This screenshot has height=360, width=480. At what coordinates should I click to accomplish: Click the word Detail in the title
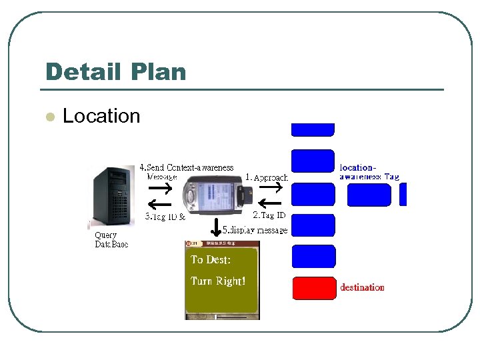click(x=83, y=72)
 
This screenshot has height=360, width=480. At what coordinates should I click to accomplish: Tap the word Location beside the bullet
click(x=101, y=116)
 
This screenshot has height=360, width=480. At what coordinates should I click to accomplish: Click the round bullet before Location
click(x=49, y=117)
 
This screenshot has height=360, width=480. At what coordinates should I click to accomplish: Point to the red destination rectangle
click(x=313, y=288)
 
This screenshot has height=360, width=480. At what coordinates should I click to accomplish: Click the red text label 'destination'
click(x=362, y=288)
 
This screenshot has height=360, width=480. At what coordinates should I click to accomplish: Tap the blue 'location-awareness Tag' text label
click(x=369, y=172)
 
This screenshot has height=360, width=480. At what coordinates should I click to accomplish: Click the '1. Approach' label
click(x=267, y=178)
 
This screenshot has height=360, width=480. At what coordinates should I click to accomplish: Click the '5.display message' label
click(x=255, y=230)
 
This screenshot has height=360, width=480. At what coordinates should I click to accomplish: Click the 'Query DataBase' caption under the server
click(x=111, y=240)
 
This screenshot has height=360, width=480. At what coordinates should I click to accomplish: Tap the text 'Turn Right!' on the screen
click(x=218, y=281)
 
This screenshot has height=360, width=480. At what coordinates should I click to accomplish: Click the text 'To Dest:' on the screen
click(x=211, y=260)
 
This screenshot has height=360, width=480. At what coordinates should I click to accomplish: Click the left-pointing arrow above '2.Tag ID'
click(x=270, y=203)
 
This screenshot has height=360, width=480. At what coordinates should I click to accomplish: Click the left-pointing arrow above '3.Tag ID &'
click(x=158, y=205)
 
